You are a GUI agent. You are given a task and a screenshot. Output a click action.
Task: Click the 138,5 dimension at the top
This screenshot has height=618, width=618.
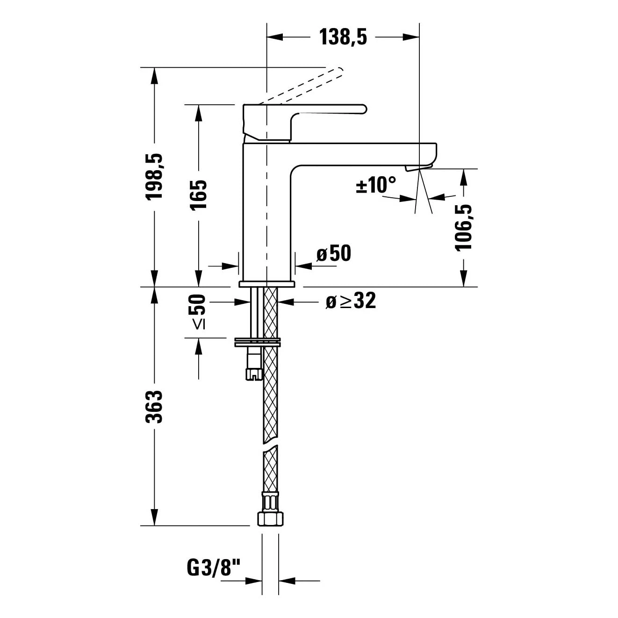tap(343, 37)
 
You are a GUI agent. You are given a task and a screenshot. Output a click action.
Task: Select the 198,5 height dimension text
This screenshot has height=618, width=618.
tap(155, 177)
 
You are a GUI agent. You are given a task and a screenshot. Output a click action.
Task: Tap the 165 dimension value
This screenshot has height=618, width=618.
tap(199, 195)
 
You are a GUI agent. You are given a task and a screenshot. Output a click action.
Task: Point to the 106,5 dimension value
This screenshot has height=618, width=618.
tap(464, 227)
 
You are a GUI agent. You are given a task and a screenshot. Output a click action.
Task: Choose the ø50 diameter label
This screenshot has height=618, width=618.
tap(333, 253)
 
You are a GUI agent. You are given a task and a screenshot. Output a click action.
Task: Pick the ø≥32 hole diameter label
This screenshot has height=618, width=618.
tap(351, 301)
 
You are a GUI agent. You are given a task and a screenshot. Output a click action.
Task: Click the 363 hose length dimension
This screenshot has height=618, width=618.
tap(155, 407)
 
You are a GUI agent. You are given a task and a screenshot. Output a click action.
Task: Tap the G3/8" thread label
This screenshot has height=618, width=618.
tap(214, 568)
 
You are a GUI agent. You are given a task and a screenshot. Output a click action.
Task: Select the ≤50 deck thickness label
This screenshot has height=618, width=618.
tap(198, 312)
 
